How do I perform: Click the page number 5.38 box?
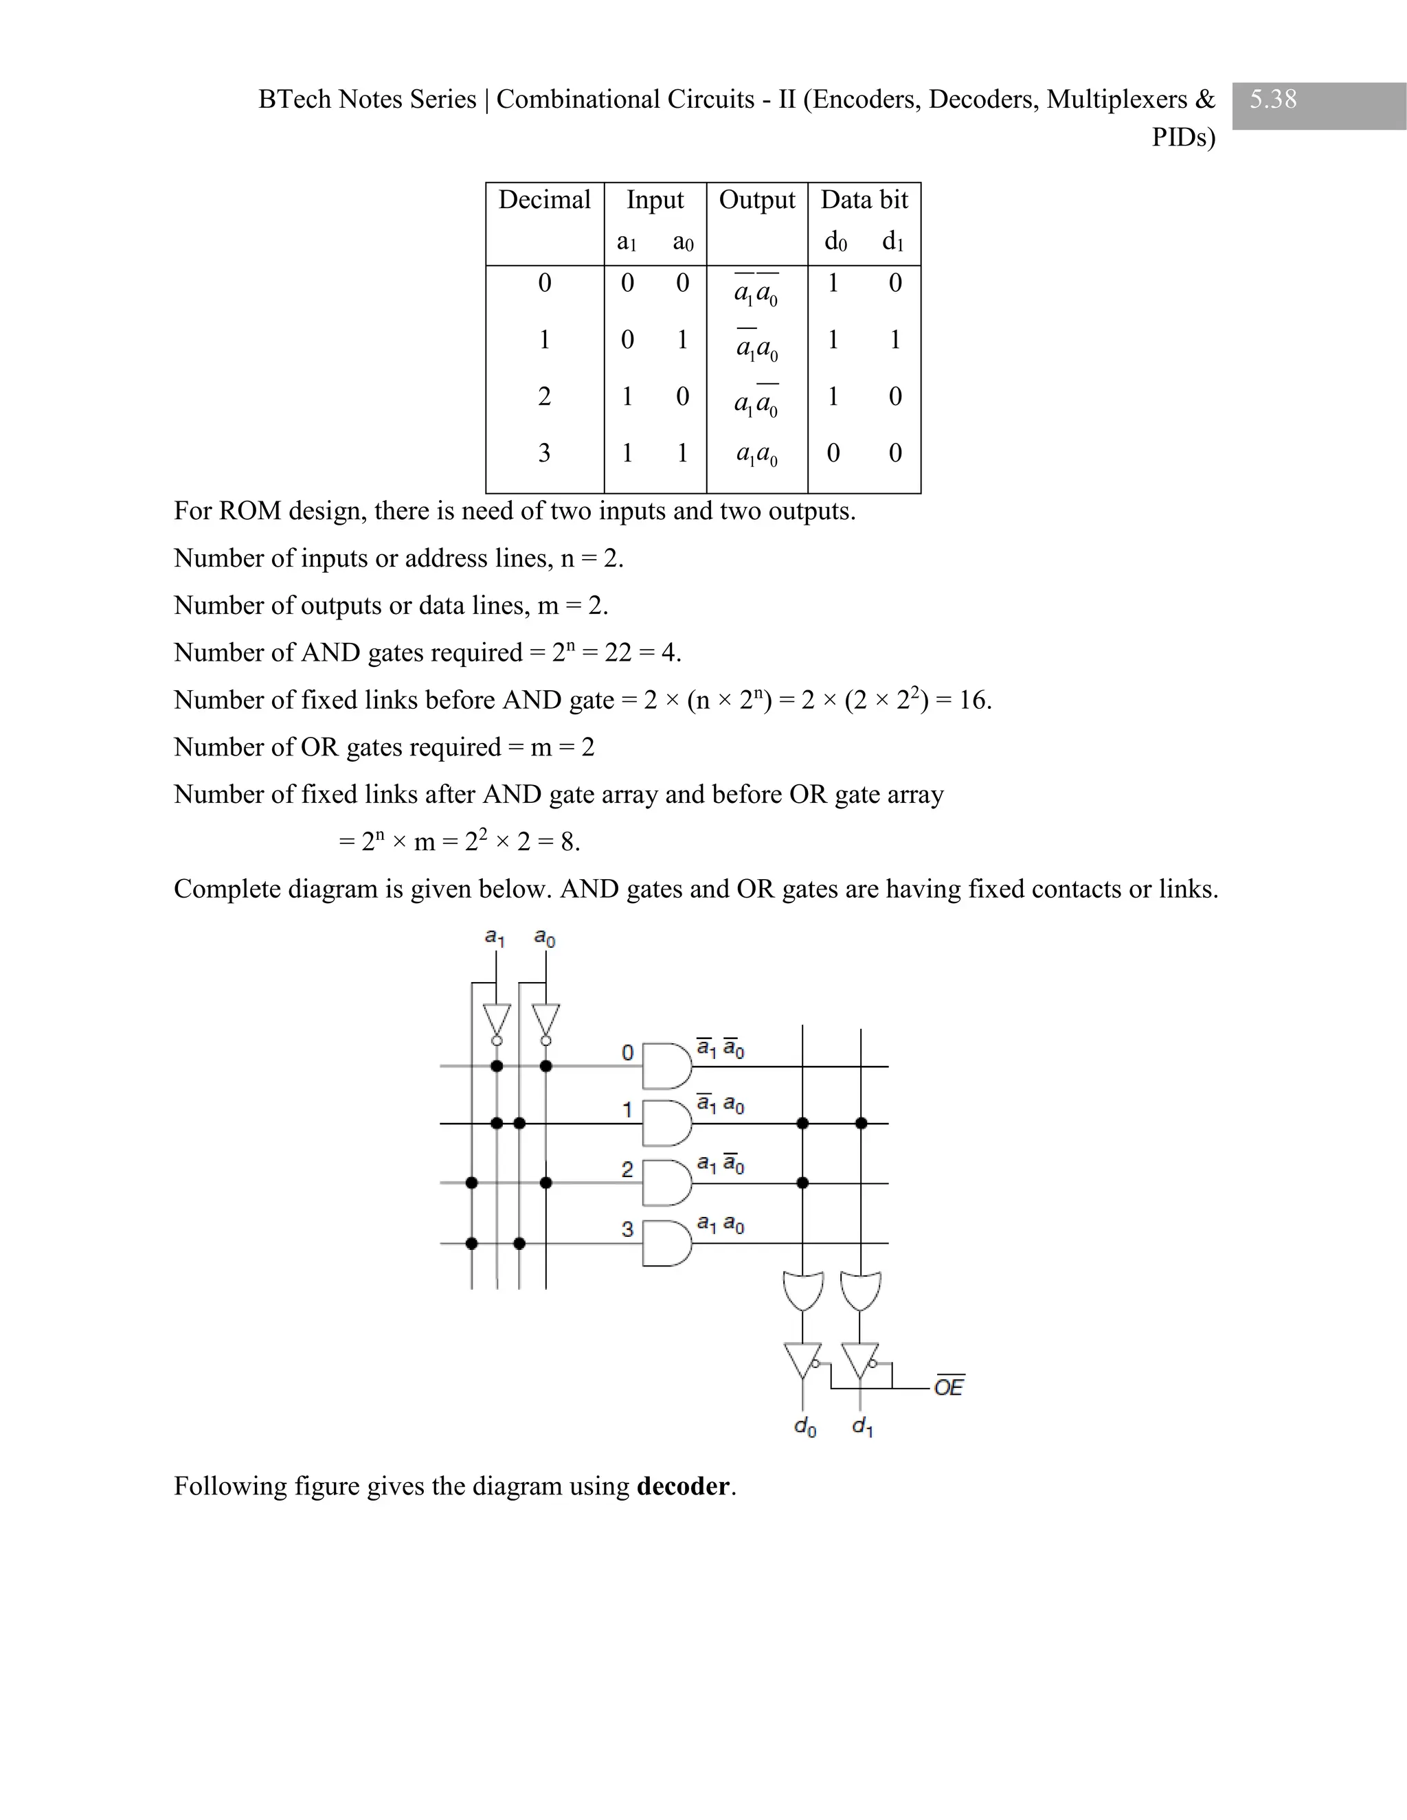click(1318, 105)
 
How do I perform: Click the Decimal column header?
click(544, 200)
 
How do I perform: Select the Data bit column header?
click(864, 200)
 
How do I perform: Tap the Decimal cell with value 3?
click(544, 453)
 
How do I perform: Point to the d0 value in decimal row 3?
click(833, 453)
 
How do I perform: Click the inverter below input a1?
click(497, 1020)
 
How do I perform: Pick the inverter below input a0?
click(546, 1020)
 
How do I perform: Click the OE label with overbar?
click(949, 1387)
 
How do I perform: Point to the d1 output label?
click(863, 1428)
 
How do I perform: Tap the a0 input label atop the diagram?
click(544, 938)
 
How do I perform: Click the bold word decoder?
click(683, 1486)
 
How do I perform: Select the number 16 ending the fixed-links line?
click(973, 700)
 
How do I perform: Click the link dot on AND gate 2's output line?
click(802, 1183)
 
